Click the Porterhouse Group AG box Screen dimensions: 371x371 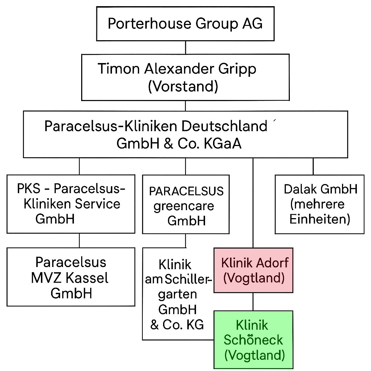tap(185, 24)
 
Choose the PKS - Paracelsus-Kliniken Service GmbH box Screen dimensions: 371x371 tap(71, 204)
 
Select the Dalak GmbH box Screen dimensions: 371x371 tap(320, 204)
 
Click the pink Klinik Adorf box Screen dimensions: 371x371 tap(253, 270)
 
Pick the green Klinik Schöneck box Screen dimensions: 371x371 tap(253, 339)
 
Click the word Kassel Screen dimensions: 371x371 tap(88, 278)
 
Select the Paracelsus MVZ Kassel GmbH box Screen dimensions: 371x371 tap(71, 277)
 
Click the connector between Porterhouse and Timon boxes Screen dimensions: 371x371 tap(185, 47)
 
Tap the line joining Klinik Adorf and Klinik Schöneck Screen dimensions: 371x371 tap(253, 301)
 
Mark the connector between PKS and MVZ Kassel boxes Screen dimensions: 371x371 tap(79, 240)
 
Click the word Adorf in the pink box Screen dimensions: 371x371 tap(271, 262)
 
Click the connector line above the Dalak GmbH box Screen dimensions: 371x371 tap(313, 166)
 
